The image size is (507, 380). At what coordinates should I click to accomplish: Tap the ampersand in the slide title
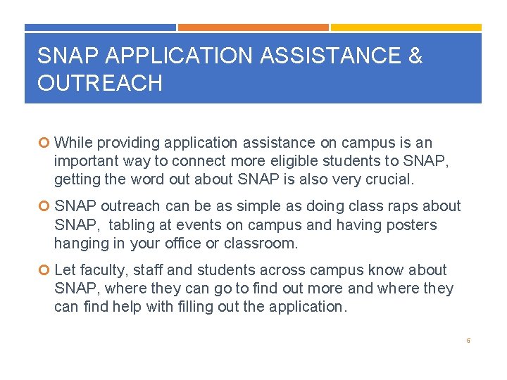[x=415, y=56]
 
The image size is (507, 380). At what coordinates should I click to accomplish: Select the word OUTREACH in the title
[x=100, y=83]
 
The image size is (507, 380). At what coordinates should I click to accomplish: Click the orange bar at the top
[x=253, y=27]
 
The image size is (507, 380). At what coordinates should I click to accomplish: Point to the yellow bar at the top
[x=406, y=27]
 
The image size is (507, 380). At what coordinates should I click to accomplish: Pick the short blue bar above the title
[x=100, y=27]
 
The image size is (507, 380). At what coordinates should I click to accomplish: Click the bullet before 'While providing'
[x=45, y=143]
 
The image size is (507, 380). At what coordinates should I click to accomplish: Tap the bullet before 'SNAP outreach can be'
[x=45, y=207]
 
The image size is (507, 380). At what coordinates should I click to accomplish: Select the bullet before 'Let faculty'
[x=45, y=270]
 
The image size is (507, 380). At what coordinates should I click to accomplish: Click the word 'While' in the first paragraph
[x=73, y=143]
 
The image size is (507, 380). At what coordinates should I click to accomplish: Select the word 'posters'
[x=411, y=225]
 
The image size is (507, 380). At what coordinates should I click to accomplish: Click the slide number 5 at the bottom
[x=467, y=341]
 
